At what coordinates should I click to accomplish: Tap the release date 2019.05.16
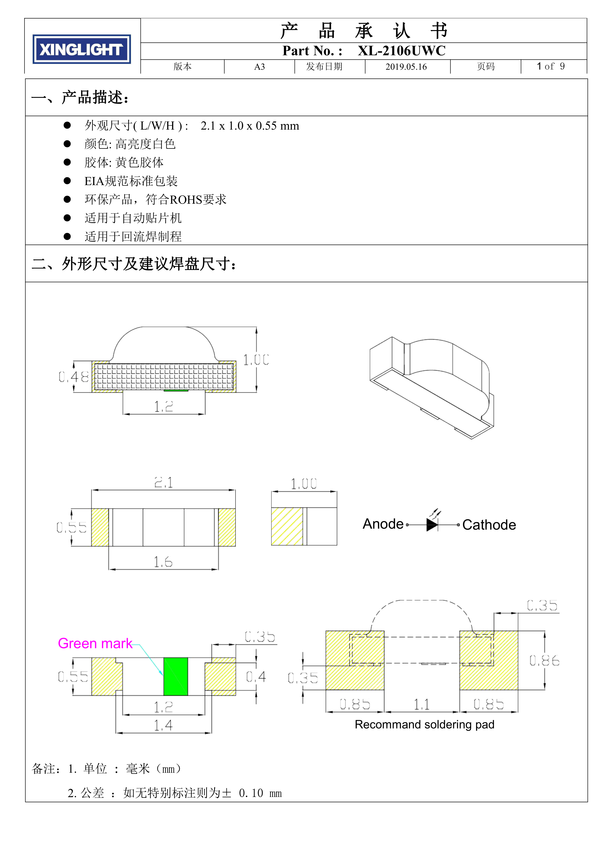click(x=406, y=67)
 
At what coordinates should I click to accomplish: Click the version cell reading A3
click(x=259, y=67)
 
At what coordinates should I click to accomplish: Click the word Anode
click(x=383, y=524)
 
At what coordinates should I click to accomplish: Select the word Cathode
click(x=489, y=525)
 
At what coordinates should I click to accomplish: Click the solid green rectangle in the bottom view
click(x=176, y=676)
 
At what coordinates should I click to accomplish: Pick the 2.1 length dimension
click(x=163, y=482)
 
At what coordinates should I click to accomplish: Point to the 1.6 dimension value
click(x=163, y=562)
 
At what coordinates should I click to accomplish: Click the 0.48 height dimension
click(x=74, y=377)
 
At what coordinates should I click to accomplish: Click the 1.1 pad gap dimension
click(x=422, y=705)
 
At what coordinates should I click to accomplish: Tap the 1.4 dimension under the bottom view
click(x=163, y=725)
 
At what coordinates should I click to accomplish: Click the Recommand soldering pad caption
click(x=425, y=724)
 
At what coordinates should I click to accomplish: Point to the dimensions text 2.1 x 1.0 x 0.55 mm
click(x=250, y=126)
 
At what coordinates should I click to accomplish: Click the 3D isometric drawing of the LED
click(x=432, y=388)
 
